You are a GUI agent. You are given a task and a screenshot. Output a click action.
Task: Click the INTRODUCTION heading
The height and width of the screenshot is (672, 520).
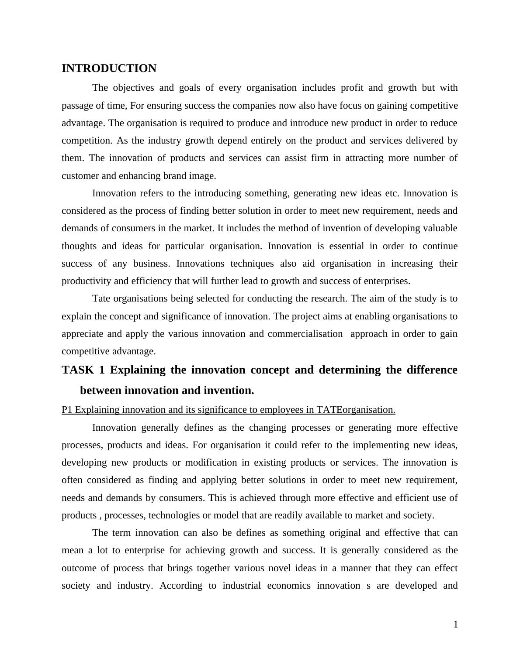(x=109, y=69)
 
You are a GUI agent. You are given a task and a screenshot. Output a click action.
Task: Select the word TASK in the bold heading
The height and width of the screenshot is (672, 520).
(x=77, y=370)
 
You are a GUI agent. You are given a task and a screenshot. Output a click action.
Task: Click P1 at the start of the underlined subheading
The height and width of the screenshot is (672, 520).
(x=67, y=410)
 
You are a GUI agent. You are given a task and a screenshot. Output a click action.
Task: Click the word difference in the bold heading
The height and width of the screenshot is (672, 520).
(x=432, y=370)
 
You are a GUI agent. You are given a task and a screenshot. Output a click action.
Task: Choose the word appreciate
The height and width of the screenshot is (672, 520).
(x=83, y=334)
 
